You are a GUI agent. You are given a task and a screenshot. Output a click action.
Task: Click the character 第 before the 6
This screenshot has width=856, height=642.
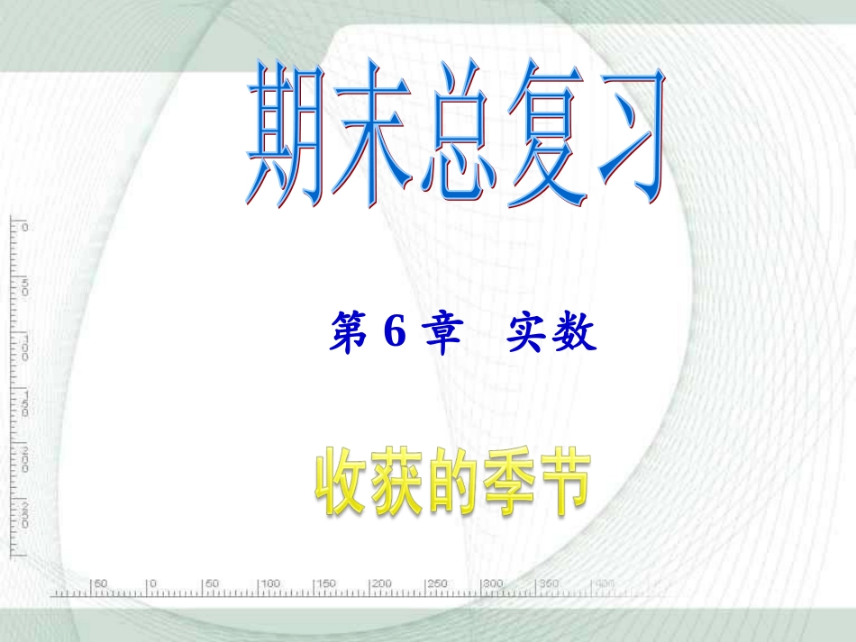pyautogui.click(x=346, y=335)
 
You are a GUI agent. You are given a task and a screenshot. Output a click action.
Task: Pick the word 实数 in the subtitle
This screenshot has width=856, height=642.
pyautogui.click(x=551, y=335)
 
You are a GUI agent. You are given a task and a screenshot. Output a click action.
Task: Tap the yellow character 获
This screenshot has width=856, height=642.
pyautogui.click(x=393, y=484)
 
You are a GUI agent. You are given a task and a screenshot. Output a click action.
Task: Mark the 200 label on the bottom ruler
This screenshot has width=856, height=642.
pyautogui.click(x=381, y=584)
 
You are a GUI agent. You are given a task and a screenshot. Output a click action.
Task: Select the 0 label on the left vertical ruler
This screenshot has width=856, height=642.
pyautogui.click(x=24, y=227)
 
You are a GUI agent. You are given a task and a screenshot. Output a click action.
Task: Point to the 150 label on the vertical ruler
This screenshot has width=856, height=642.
pyautogui.click(x=24, y=402)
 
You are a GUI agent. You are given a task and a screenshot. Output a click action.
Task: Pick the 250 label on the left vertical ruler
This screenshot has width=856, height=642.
pyautogui.click(x=24, y=514)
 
